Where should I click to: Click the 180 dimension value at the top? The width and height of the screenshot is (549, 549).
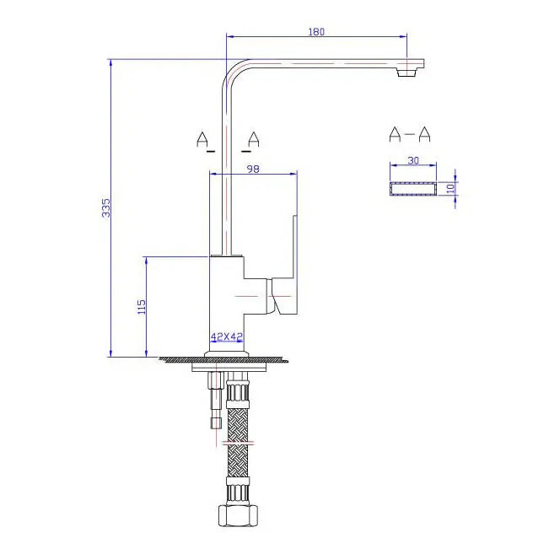pos(316,31)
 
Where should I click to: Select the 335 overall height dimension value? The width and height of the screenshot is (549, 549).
pos(105,208)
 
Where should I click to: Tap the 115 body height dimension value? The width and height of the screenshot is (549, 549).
pos(142,307)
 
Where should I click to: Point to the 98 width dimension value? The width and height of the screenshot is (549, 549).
pos(253,169)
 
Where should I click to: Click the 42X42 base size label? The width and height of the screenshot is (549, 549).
pos(227,336)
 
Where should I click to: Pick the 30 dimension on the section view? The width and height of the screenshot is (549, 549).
pos(413,160)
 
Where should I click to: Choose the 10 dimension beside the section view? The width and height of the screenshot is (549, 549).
pos(451,189)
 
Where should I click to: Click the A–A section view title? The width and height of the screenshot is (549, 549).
pos(410,134)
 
